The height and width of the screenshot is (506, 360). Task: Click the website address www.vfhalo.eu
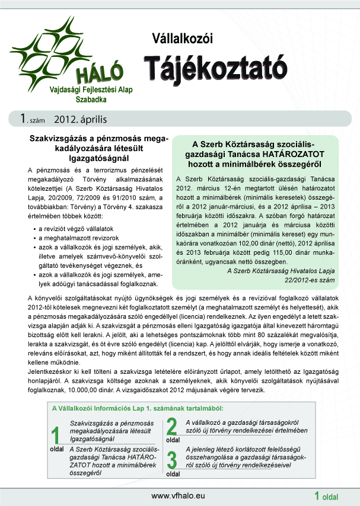pyautogui.click(x=179, y=495)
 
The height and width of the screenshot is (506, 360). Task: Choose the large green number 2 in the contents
pyautogui.click(x=173, y=427)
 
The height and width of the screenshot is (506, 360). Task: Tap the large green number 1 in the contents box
pyautogui.click(x=56, y=435)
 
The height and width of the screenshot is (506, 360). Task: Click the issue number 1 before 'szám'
pyautogui.click(x=22, y=119)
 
